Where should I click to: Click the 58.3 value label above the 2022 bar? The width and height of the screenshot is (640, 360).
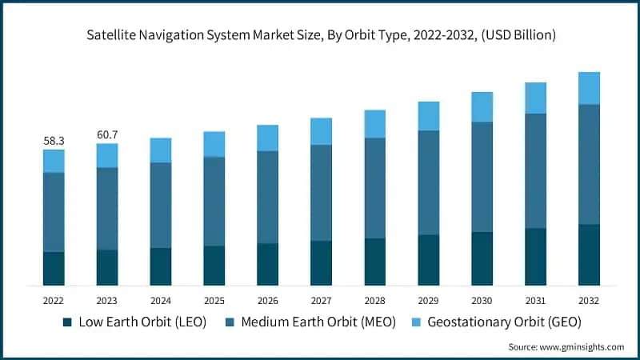54,141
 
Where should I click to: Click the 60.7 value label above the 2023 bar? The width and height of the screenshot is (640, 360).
107,134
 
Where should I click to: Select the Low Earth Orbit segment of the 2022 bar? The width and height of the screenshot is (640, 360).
54,269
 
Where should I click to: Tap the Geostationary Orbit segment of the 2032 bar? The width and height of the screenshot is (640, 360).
589,88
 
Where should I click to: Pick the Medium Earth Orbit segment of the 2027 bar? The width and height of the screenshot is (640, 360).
321,192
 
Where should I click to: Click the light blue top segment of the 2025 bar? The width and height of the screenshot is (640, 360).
214,144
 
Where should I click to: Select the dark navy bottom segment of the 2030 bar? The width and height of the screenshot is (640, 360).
482,258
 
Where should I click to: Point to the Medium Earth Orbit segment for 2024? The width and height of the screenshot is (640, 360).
160,205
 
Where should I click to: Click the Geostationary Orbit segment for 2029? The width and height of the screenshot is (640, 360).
428,116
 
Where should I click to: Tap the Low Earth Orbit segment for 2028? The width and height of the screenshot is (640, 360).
374,262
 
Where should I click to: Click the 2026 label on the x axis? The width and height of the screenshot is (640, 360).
267,301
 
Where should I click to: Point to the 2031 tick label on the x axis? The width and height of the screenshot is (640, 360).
535,301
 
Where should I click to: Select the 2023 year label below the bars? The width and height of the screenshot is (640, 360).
107,301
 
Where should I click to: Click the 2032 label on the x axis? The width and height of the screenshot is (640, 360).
589,301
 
